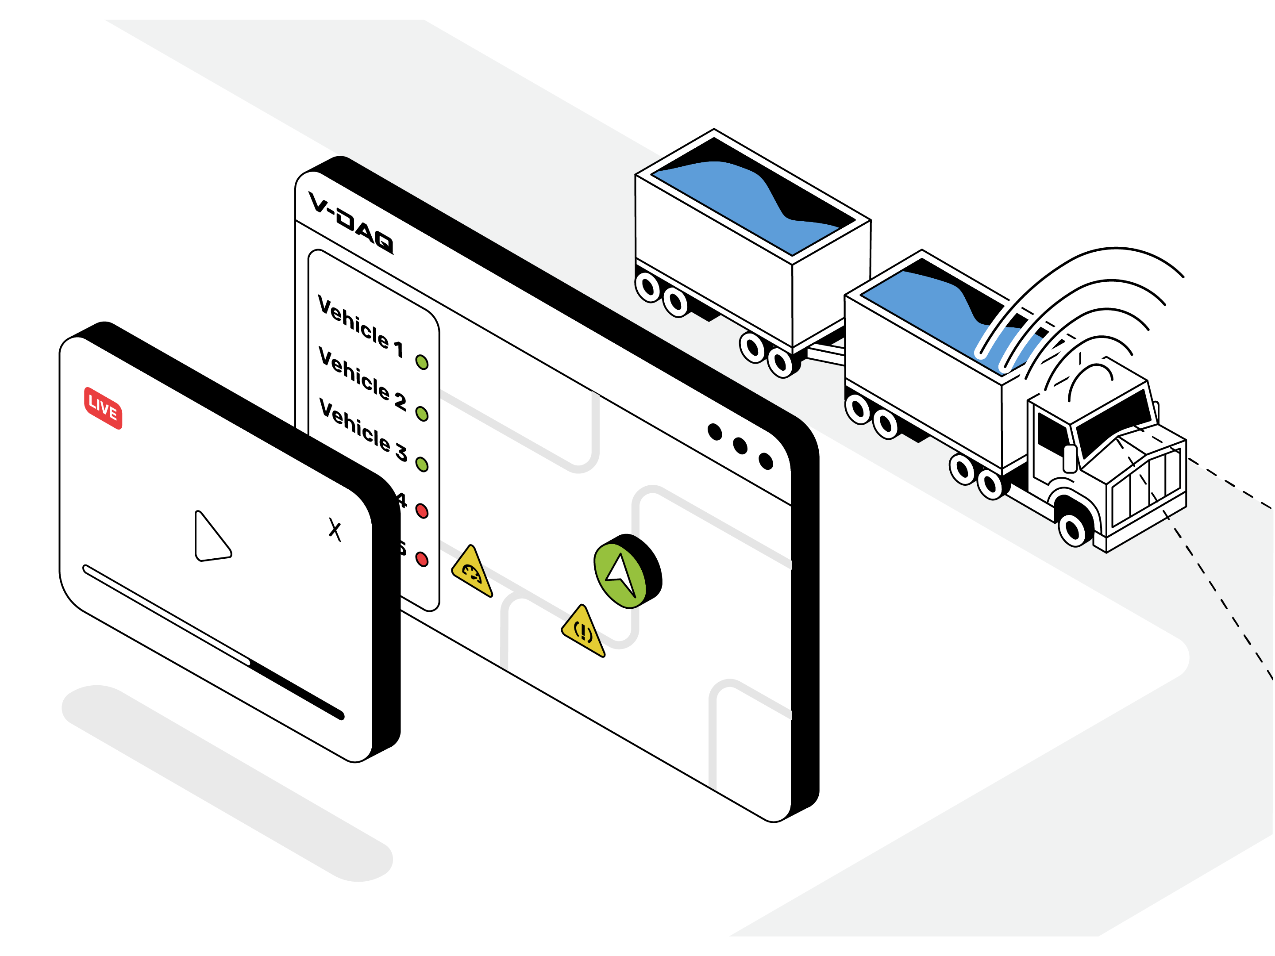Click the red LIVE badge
pyautogui.click(x=103, y=408)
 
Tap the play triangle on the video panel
pyautogui.click(x=210, y=537)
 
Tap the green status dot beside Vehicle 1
pyautogui.click(x=422, y=362)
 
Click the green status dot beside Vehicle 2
pyautogui.click(x=422, y=413)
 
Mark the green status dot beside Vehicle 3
pyautogui.click(x=422, y=464)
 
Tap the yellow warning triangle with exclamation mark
pyautogui.click(x=583, y=632)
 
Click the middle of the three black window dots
pyautogui.click(x=740, y=445)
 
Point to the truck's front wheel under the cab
pyautogui.click(x=1073, y=529)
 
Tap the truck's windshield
pyautogui.click(x=1113, y=421)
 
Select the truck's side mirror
pyautogui.click(x=1070, y=459)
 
